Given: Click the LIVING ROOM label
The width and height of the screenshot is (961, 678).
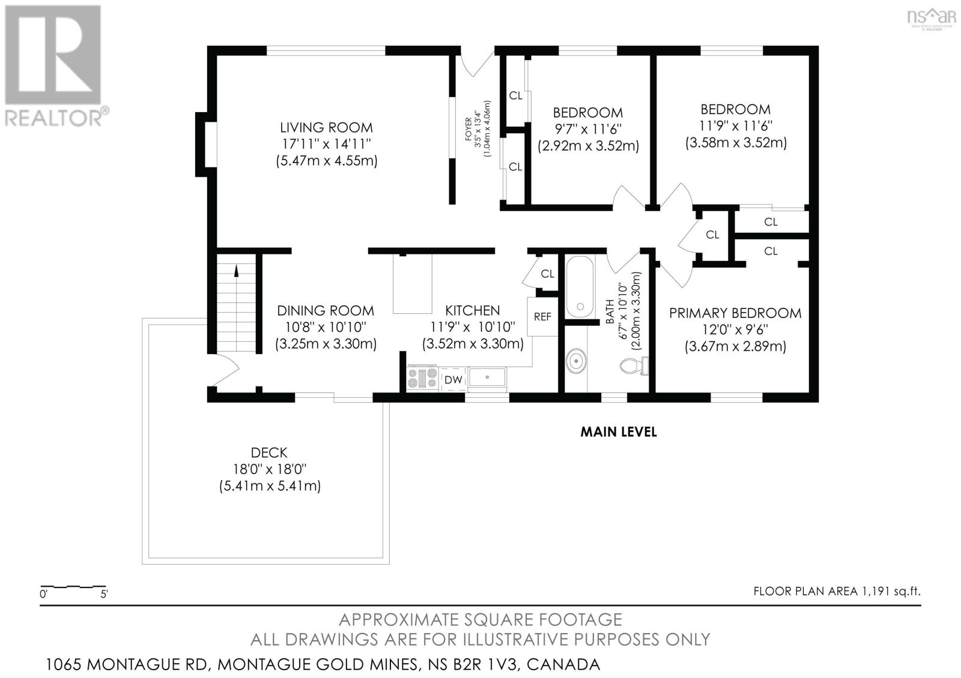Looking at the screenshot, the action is coord(327,128).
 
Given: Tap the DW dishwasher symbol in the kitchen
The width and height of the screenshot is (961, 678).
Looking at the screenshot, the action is coord(453,380).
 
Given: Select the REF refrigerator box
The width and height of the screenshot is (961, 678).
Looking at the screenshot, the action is coord(542,317).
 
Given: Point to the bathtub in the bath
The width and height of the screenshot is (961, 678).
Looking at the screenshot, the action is coord(580,287).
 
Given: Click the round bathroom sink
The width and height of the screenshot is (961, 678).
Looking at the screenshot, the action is coord(576,362).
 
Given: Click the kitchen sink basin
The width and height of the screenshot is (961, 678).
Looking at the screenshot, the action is coord(487,377).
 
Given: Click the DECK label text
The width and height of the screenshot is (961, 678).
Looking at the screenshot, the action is coord(269,452).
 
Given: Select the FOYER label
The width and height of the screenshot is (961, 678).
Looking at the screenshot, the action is coord(468,129).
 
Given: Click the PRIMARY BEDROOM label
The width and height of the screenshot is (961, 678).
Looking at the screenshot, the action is coord(735,313).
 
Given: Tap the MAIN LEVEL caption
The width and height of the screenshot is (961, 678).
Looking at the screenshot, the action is coord(618,432).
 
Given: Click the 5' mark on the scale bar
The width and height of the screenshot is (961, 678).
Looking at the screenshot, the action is coord(104,594).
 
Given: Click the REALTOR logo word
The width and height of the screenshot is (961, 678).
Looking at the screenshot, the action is coord(53,118).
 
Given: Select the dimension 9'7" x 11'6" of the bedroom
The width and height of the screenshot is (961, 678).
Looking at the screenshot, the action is coord(588,129).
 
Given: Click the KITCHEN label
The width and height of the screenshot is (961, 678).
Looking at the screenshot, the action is coord(472,311).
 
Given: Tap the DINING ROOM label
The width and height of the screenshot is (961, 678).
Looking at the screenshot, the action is coord(326,311).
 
